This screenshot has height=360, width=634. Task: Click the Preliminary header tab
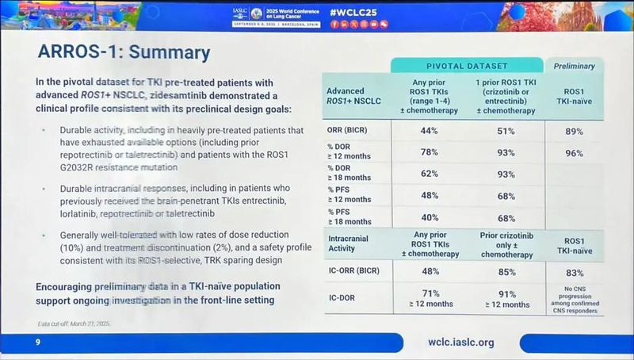click(573, 66)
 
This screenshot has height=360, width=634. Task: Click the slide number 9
click(37, 342)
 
